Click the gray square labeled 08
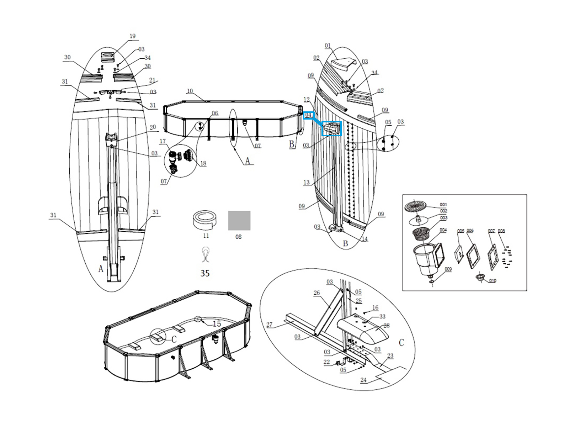(239, 221)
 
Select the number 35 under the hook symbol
(205, 273)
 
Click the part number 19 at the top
(132, 36)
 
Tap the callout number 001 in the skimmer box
(443, 205)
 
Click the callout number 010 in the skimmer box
(492, 281)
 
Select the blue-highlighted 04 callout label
(309, 115)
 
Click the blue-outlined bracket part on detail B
(331, 128)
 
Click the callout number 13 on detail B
(307, 183)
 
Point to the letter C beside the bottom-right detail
(401, 343)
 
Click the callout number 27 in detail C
(269, 324)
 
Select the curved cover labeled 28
(363, 329)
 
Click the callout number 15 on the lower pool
(217, 324)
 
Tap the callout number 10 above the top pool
(190, 91)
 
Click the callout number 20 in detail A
(153, 127)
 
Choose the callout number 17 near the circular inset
(163, 141)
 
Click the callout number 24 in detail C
(363, 380)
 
